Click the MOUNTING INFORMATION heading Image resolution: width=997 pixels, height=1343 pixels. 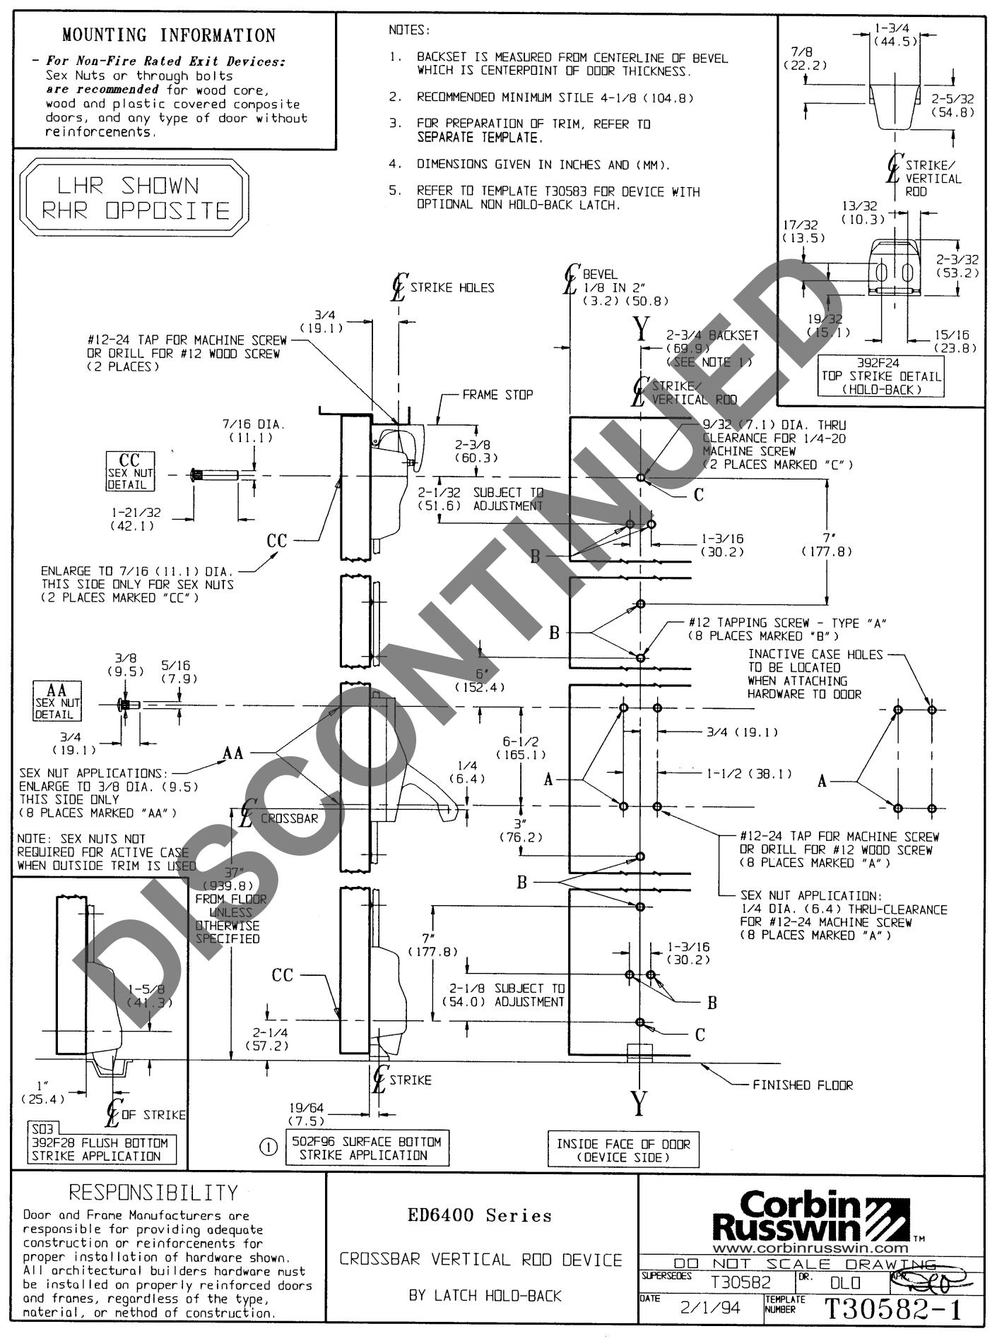click(168, 35)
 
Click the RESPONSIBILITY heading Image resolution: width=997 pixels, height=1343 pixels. click(153, 1193)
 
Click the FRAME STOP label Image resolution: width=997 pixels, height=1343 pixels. click(497, 395)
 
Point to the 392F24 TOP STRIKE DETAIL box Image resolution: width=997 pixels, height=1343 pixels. click(880, 376)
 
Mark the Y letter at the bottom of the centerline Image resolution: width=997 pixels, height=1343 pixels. click(639, 1105)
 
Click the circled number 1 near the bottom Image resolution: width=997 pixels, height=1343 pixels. click(269, 1148)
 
